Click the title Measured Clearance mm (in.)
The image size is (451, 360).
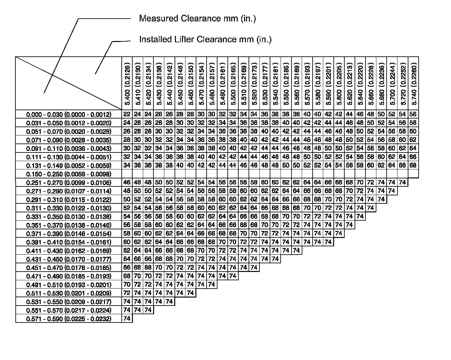(197, 19)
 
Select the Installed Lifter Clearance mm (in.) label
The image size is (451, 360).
(205, 39)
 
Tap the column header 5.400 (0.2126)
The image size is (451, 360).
(127, 83)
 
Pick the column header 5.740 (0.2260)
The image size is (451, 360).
(414, 83)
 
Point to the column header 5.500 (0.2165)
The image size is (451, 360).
(233, 83)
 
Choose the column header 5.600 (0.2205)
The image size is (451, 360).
(339, 83)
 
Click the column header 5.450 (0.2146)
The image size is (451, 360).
(180, 83)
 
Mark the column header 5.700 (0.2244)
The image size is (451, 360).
(392, 83)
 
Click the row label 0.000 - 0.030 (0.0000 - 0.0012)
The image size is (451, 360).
(69, 115)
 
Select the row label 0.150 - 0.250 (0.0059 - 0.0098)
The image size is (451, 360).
(69, 174)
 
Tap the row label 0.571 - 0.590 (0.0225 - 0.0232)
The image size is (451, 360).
(69, 319)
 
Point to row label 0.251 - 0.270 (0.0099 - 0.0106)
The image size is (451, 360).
(69, 183)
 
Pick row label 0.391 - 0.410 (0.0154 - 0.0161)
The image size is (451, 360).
(69, 242)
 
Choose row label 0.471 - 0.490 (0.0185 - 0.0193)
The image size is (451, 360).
(69, 276)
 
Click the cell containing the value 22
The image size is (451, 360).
(127, 114)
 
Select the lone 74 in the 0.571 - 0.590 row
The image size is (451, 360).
(127, 319)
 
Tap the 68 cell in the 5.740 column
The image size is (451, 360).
(413, 166)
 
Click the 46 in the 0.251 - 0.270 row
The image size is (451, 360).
(127, 183)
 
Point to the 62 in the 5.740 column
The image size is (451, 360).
(413, 140)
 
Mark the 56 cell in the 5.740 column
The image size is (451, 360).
(413, 114)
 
